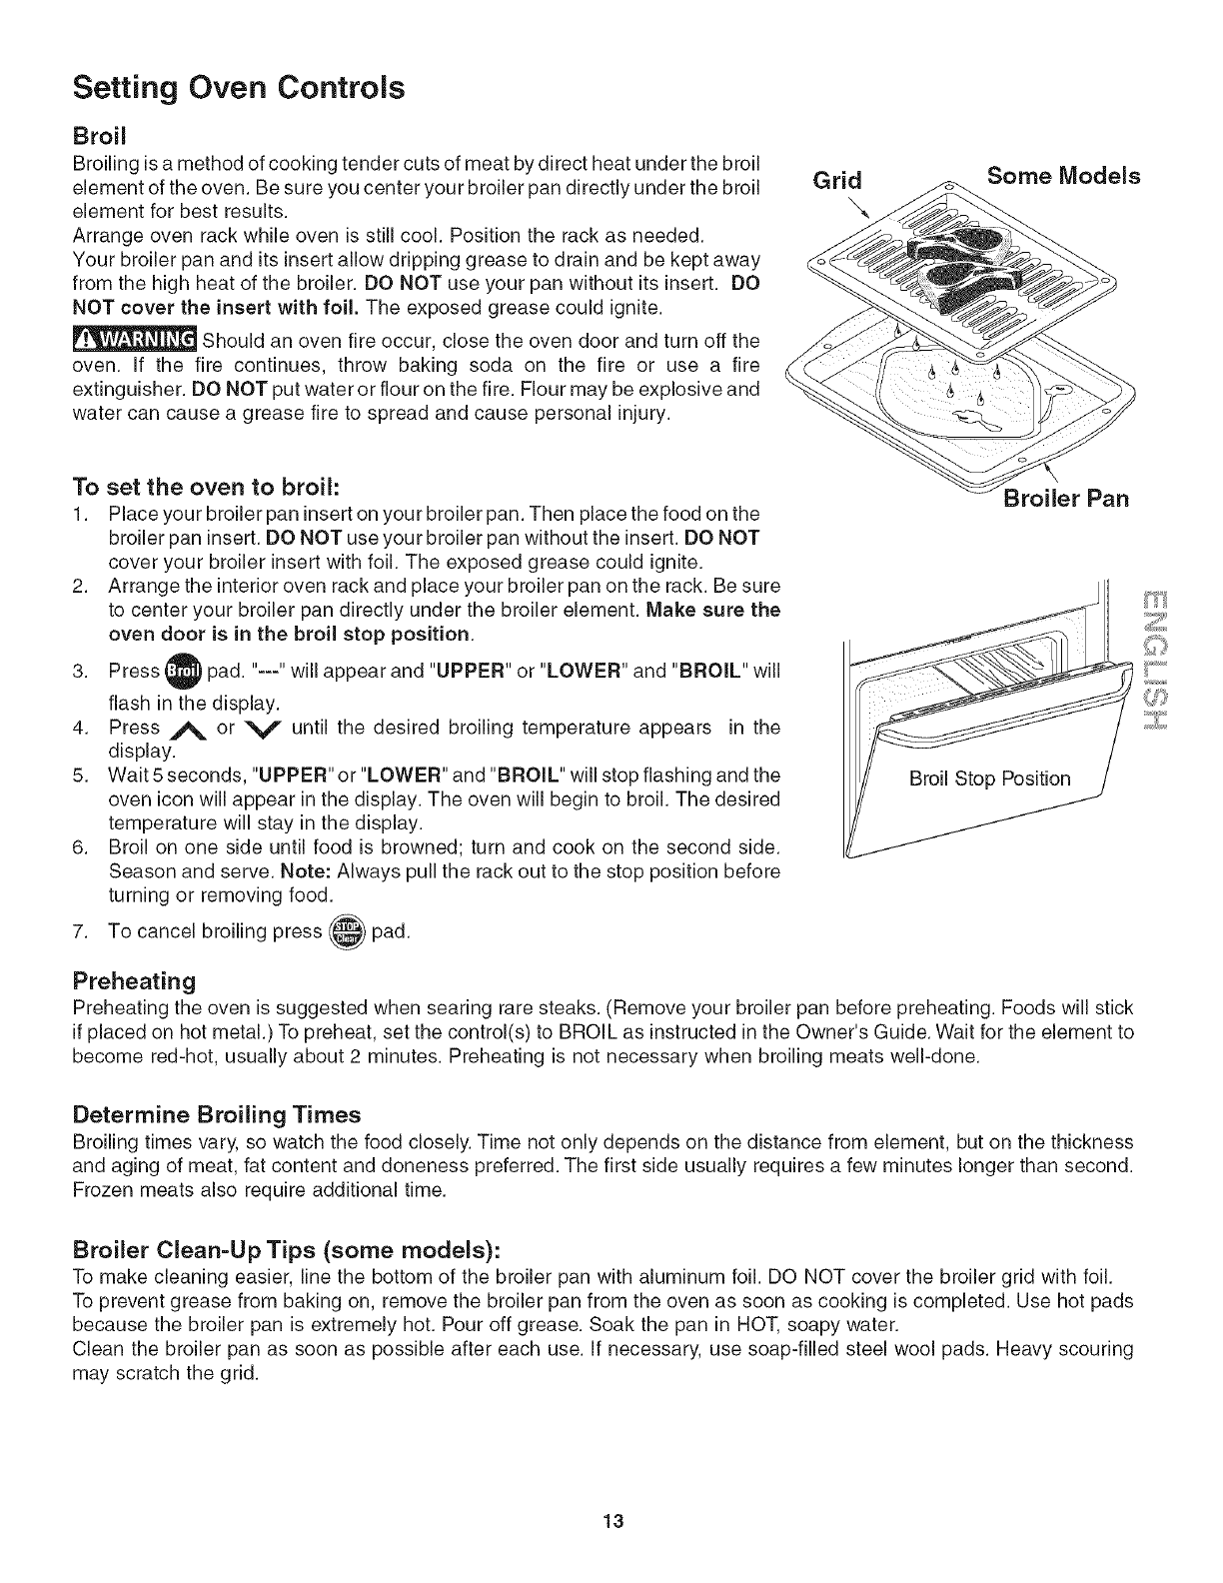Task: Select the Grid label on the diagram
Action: pyautogui.click(x=835, y=180)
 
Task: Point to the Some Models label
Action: pyautogui.click(x=1063, y=176)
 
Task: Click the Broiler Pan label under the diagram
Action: pyautogui.click(x=1065, y=498)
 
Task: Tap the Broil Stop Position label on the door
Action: pyautogui.click(x=989, y=778)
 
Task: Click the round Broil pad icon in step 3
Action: pyautogui.click(x=183, y=671)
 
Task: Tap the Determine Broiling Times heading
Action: pyautogui.click(x=217, y=1113)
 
